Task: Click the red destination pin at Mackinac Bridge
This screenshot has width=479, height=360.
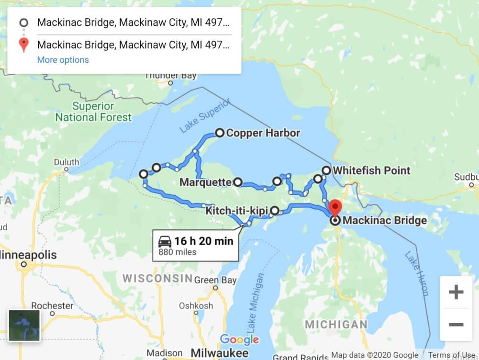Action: pos(335,207)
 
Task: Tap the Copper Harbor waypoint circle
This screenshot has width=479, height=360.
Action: pos(220,133)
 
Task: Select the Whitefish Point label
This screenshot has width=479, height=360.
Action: pos(371,170)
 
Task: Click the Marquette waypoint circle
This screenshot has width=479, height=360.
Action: pos(238,182)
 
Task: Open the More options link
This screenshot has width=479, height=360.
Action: pos(63,60)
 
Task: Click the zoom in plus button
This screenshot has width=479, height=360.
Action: pos(456,292)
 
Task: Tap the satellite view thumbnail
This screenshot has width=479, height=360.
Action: pos(24,326)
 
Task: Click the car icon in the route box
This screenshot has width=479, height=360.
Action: pos(165,241)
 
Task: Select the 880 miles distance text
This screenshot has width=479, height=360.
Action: pos(177,252)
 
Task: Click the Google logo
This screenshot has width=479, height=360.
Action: pos(239,339)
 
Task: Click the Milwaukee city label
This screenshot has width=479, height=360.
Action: pos(220,353)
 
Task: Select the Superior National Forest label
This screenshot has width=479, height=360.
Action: pos(93,112)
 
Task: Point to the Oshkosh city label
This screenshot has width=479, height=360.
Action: pos(196,305)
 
